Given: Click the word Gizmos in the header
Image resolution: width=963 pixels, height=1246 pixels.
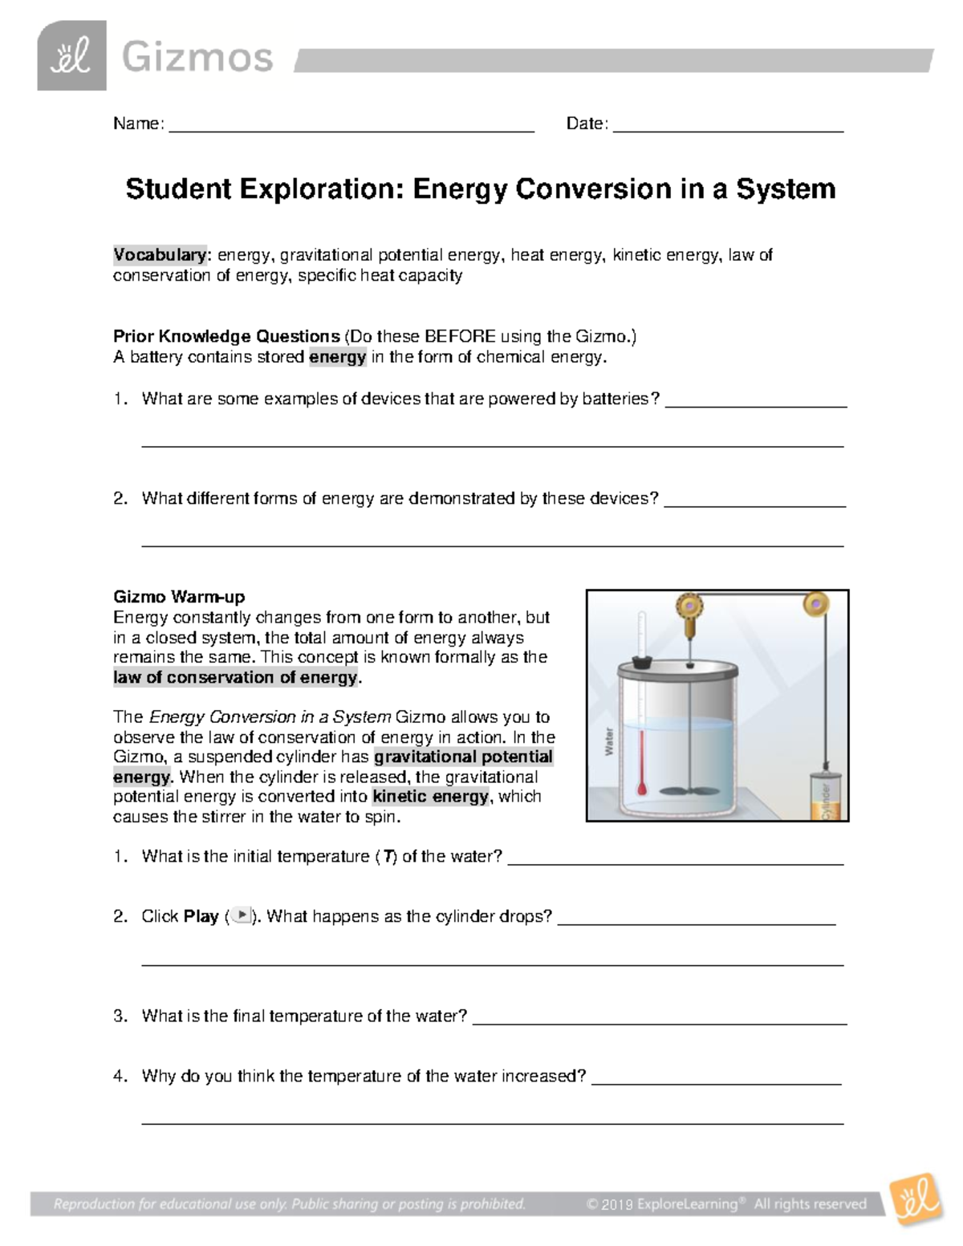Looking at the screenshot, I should tap(197, 58).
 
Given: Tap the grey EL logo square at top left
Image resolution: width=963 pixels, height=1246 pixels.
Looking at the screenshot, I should tap(71, 56).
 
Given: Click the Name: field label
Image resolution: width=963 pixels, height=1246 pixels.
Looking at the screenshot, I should tap(139, 124).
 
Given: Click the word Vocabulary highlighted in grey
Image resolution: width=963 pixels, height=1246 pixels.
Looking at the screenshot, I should tap(160, 255).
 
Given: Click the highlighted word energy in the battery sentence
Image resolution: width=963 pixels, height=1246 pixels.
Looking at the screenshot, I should tap(337, 357).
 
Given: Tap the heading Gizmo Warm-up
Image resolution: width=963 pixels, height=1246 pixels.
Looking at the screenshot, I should tap(179, 597).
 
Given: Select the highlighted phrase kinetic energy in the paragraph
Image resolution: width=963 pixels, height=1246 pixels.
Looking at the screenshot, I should tap(430, 797).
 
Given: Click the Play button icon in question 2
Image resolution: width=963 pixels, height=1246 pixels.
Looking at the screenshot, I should tap(241, 915).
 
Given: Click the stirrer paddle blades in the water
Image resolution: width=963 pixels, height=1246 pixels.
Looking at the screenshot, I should tap(689, 789).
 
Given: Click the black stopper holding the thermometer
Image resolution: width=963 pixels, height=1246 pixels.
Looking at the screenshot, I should tap(641, 663).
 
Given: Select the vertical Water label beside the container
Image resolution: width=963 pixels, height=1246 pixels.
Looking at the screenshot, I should tap(608, 741).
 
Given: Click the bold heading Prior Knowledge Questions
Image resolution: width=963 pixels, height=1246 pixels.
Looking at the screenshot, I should tap(226, 336).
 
